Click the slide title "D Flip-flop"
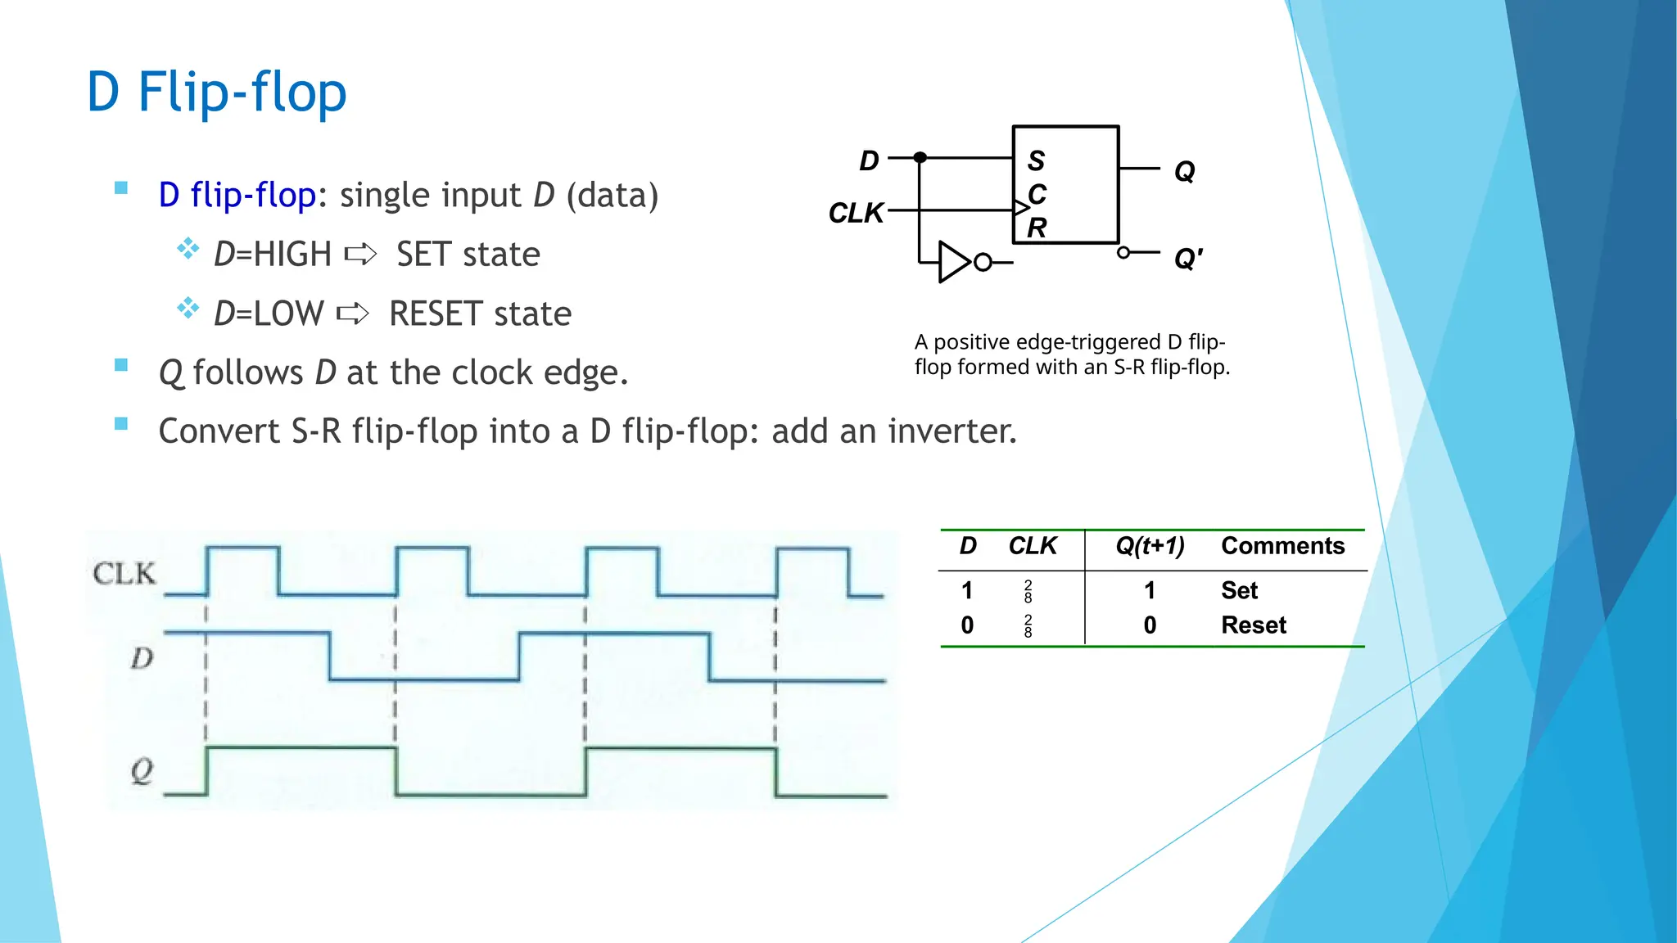click(x=217, y=92)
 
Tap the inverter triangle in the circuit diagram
click(x=953, y=262)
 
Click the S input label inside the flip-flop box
click(x=1036, y=160)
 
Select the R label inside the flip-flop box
click(x=1037, y=228)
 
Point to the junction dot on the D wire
click(x=920, y=157)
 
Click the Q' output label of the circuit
click(x=1187, y=259)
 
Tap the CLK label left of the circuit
click(x=856, y=213)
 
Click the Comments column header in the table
click(x=1282, y=546)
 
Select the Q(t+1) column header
click(x=1150, y=546)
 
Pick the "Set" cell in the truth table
click(x=1239, y=590)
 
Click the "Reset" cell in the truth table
click(x=1253, y=625)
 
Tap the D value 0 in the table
click(x=967, y=625)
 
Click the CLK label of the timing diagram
click(x=124, y=573)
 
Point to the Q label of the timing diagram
click(x=142, y=770)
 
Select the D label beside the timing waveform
click(x=142, y=658)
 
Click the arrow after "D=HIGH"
click(x=360, y=255)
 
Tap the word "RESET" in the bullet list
click(x=436, y=314)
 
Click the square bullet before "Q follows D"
click(x=121, y=365)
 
